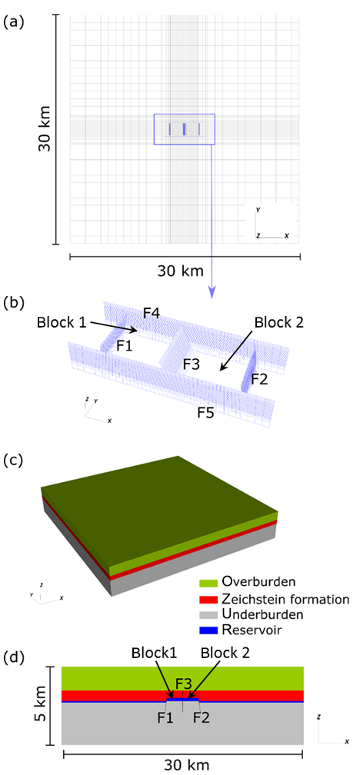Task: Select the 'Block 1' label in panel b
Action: click(x=61, y=323)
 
